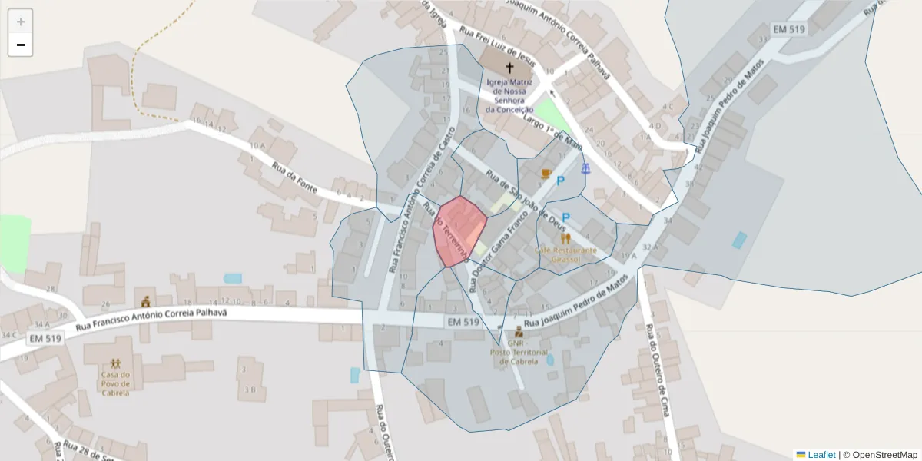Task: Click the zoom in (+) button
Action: coord(21,22)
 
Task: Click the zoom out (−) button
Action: coord(21,45)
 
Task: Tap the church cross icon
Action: coord(509,68)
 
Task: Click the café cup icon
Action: coord(546,174)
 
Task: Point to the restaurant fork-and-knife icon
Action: coord(565,238)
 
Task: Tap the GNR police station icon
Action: coord(519,332)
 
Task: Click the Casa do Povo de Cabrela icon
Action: coord(115,363)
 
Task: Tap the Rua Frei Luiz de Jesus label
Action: coord(496,47)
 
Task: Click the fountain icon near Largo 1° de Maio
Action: coord(585,167)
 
